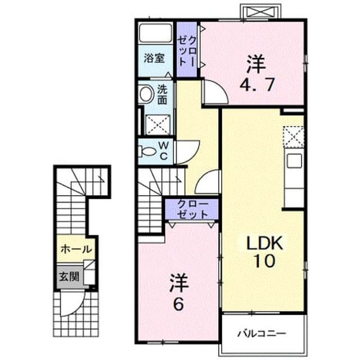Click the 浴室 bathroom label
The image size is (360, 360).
click(x=154, y=58)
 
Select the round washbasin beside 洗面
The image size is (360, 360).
click(x=146, y=94)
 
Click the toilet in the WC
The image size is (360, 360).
click(x=146, y=151)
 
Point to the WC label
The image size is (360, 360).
click(x=164, y=151)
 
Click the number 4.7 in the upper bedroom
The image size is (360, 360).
click(x=257, y=85)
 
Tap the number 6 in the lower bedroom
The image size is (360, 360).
click(x=179, y=304)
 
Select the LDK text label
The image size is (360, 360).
click(x=264, y=243)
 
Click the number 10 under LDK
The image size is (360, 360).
click(x=264, y=261)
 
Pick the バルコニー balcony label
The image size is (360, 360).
click(x=262, y=333)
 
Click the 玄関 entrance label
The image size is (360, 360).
click(x=69, y=277)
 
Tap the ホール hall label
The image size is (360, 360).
click(x=76, y=249)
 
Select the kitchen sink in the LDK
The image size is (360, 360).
click(x=295, y=161)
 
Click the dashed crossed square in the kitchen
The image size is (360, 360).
click(x=294, y=137)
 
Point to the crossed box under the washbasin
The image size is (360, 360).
click(x=159, y=125)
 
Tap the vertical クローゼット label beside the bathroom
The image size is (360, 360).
click(x=187, y=51)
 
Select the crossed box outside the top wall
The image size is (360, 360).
click(x=260, y=11)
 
